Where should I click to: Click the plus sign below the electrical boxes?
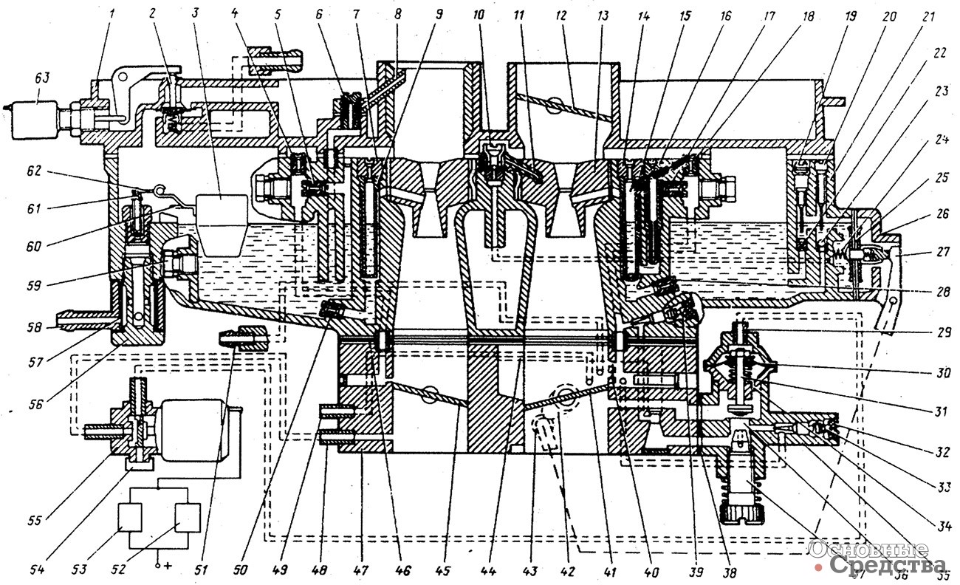(160, 566)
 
